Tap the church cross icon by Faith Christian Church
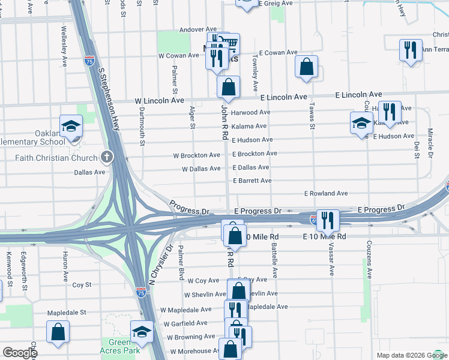tap(107, 158)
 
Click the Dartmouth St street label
tap(142, 124)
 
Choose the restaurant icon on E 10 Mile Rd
tap(328, 220)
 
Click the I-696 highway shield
tap(314, 220)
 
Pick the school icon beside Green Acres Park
tap(142, 331)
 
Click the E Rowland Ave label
tap(326, 194)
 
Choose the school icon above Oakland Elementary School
tap(71, 126)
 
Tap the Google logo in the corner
tap(20, 353)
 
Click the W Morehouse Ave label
tap(195, 351)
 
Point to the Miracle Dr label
tap(430, 143)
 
